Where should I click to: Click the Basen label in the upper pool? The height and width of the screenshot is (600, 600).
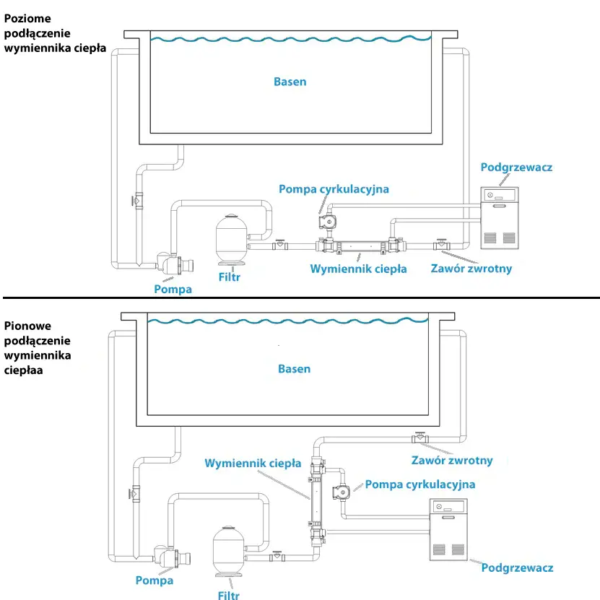coord(290,82)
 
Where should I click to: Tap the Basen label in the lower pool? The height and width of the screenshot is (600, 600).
coord(295,369)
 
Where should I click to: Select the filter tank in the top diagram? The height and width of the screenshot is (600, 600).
coord(232,239)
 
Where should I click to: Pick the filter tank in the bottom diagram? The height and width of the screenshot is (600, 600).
coord(228,552)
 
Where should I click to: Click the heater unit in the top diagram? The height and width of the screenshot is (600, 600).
coord(500,218)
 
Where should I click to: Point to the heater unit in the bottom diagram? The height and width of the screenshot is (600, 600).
coord(448,529)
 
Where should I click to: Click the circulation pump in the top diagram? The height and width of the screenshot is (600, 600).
coord(328,222)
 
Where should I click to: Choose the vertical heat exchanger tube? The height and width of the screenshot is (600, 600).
coord(317,501)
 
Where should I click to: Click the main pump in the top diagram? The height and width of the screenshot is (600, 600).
coord(175,264)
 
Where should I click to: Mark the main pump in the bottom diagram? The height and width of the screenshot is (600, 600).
coord(172,557)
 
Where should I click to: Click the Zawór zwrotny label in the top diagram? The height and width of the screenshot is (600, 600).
coord(471,269)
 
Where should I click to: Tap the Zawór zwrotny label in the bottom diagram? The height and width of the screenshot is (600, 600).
coord(452,461)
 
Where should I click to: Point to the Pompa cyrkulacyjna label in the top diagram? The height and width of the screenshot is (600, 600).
coord(334,189)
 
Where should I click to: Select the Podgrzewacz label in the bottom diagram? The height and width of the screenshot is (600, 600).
coord(518,568)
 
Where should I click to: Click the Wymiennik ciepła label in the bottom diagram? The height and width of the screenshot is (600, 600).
coord(253,464)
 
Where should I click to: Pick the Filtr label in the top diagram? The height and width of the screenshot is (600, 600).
coord(229,277)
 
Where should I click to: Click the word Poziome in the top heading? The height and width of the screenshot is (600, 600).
coord(27,19)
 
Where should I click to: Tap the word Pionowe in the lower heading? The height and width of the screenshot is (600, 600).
coord(27,326)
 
